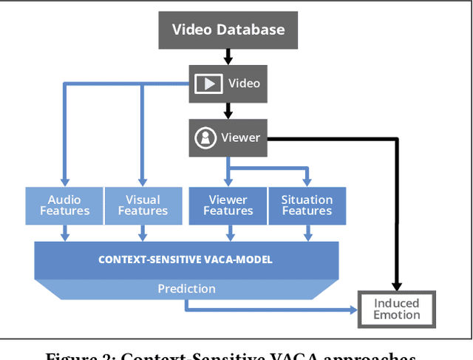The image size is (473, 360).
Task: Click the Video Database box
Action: coord(228,30)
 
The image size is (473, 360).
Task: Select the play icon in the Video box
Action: coord(208,83)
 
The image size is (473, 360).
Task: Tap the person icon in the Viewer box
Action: coord(204,137)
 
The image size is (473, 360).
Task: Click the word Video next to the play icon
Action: coord(244,83)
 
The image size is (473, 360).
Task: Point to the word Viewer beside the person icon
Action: coord(240,137)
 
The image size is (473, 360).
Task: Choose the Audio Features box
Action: coord(64,205)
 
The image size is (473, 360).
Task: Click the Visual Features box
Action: coord(143,205)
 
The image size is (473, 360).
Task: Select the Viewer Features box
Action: coord(228,205)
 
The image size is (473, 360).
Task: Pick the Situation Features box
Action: coord(307,205)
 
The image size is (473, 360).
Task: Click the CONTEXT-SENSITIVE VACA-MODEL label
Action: coord(186,259)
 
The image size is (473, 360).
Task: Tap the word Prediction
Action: coord(186,288)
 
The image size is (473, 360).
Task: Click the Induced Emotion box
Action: coord(397,309)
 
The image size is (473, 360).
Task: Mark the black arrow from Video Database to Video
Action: coord(228,56)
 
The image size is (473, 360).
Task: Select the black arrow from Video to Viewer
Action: coord(228,111)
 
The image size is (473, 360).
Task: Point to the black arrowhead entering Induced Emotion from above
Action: coord(398,285)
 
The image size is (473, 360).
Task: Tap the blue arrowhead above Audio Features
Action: coord(64,181)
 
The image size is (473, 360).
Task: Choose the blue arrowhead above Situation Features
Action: coord(307,181)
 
